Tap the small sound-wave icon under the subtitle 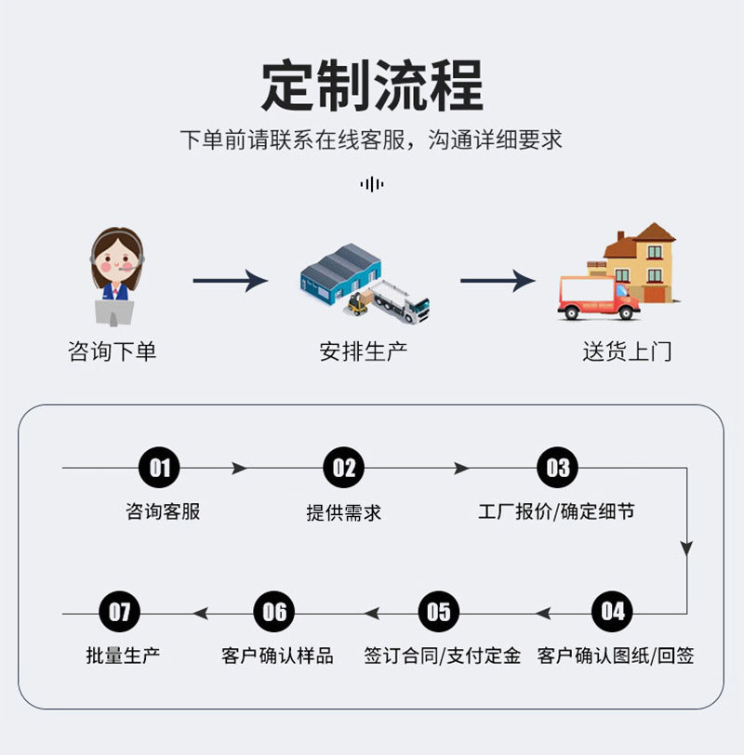click(372, 184)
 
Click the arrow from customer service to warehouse click(230, 280)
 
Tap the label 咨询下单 click(113, 351)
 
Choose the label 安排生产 click(364, 351)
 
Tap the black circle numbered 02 click(344, 468)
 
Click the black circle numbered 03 click(557, 468)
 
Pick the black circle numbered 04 click(613, 612)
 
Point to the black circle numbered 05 click(438, 612)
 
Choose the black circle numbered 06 click(274, 612)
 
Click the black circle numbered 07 click(120, 612)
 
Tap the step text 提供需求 click(344, 512)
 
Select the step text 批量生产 click(123, 656)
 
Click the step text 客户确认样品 click(277, 656)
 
